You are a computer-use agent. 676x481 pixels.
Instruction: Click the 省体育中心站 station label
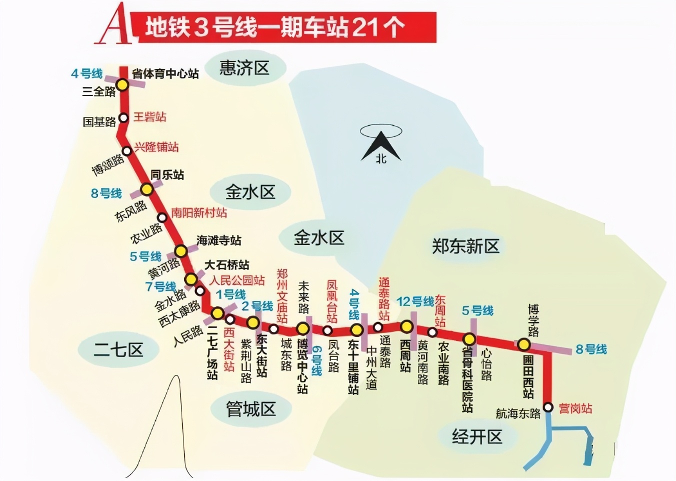click(x=165, y=74)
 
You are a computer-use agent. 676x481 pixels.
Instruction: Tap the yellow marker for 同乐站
click(x=146, y=189)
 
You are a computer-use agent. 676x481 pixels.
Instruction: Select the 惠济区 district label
click(x=244, y=68)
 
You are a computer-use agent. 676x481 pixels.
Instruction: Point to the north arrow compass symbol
click(x=381, y=145)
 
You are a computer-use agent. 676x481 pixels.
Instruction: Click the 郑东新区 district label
click(x=465, y=246)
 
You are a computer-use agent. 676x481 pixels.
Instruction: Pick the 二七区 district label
click(x=118, y=349)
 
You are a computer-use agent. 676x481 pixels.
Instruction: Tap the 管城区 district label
click(x=250, y=409)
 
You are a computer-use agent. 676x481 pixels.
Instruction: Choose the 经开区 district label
click(x=476, y=436)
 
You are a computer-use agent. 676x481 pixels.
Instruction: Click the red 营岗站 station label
click(x=575, y=409)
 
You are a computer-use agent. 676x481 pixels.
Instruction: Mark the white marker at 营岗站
click(x=548, y=407)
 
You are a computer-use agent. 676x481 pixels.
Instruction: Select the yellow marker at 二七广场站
click(x=217, y=313)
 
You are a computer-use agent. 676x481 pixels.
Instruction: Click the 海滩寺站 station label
click(x=218, y=240)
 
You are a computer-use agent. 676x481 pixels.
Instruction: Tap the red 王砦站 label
click(x=149, y=117)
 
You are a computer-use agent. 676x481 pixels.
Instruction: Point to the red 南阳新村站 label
click(x=199, y=213)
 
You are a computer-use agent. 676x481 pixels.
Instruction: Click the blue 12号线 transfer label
click(x=415, y=301)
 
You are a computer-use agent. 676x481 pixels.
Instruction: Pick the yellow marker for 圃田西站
click(x=523, y=344)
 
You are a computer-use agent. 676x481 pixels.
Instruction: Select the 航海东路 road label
click(x=518, y=413)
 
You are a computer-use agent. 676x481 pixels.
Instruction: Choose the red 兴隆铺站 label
click(x=156, y=147)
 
